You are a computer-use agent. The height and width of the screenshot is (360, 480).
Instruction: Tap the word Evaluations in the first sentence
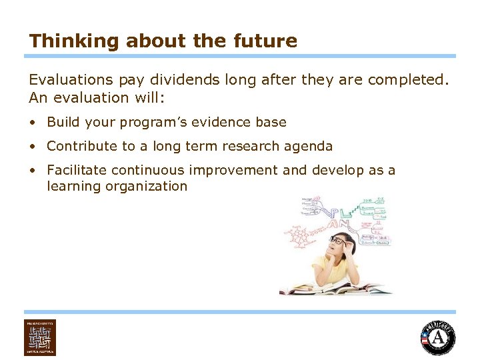[71, 80]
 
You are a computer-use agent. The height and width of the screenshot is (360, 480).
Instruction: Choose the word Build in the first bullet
[63, 122]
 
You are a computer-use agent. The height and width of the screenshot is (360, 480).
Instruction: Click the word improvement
[246, 170]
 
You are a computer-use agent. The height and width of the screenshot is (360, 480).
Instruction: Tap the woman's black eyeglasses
[341, 241]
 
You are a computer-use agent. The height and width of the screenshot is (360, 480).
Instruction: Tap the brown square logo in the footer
[40, 337]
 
